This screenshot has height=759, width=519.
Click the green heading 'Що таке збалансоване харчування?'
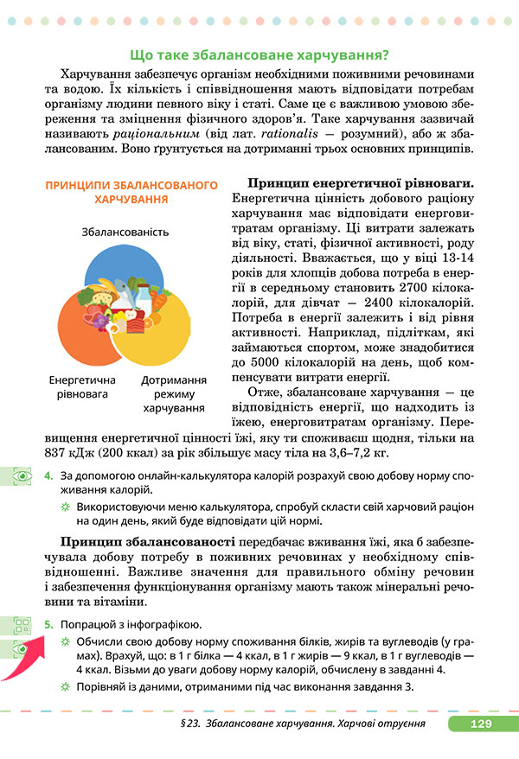point(258,54)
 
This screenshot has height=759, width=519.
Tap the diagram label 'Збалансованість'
point(125,232)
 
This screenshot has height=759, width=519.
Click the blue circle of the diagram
point(125,268)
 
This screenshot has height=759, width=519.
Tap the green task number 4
point(48,475)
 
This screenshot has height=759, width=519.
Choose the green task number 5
point(48,624)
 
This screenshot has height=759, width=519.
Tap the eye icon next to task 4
point(16,475)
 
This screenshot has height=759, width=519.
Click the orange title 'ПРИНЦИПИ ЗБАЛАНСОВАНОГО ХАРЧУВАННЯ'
point(130,193)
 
